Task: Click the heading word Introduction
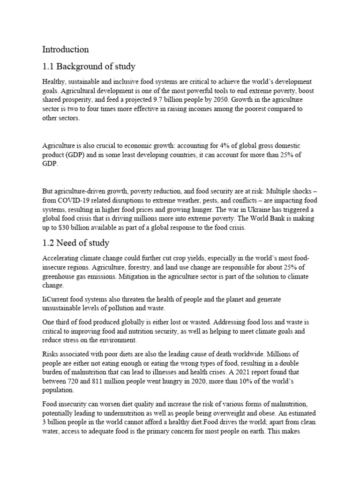66,49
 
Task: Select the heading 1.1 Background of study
89,66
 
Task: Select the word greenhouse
59,276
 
